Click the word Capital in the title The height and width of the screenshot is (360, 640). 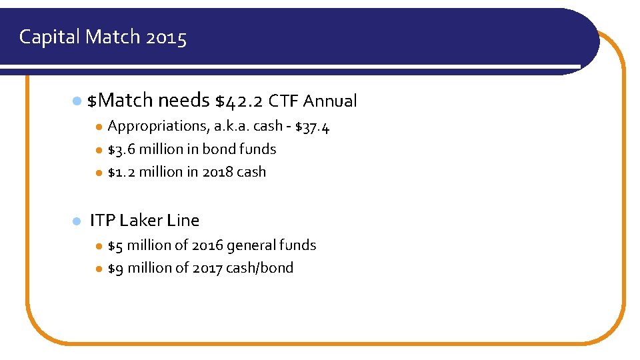[49, 37]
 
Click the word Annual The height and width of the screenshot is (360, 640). [330, 101]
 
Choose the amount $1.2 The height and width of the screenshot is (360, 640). [122, 172]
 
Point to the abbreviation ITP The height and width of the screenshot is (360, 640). [103, 220]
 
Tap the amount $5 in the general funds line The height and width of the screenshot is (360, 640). [115, 245]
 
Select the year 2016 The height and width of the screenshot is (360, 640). [207, 245]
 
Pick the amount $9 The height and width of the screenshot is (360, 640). [115, 268]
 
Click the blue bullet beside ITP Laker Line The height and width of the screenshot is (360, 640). [76, 221]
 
